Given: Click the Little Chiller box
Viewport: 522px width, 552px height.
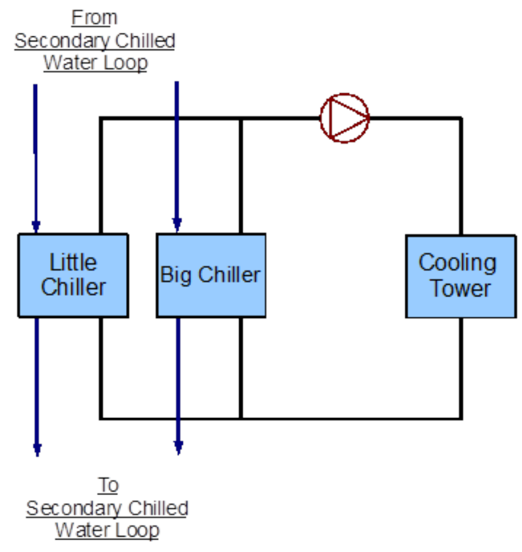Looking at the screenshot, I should (x=73, y=275).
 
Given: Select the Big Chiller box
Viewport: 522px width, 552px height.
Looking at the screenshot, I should (x=211, y=275).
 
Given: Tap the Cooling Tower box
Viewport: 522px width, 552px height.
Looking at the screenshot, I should (x=460, y=276).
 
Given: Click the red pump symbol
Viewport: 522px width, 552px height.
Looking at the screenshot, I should (x=344, y=117).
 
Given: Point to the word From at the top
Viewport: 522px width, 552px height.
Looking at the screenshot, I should (x=95, y=18).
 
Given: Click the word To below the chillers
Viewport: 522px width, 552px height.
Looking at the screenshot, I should (x=107, y=485).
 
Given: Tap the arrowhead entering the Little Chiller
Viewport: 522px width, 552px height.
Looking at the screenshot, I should (x=36, y=225).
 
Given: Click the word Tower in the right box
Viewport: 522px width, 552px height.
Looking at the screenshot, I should (x=461, y=288).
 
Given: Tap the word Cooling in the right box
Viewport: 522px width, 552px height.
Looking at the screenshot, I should (x=457, y=262).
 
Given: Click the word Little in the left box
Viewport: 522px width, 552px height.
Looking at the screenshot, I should (x=73, y=262).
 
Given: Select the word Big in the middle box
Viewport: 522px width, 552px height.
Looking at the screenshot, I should (x=174, y=275).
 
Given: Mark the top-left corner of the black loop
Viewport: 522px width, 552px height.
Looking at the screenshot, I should (x=101, y=117).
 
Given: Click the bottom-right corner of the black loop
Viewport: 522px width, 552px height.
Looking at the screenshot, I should (x=461, y=419).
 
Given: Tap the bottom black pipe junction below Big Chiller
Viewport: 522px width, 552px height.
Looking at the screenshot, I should (x=240, y=419).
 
